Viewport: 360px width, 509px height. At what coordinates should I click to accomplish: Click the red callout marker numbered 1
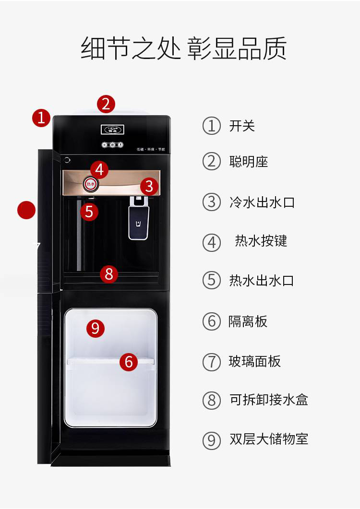point(41,118)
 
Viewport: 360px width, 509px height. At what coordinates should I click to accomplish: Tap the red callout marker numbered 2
point(106,104)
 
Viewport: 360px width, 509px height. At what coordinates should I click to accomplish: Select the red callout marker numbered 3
point(149,186)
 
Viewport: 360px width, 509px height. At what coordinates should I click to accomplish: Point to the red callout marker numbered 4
point(99,169)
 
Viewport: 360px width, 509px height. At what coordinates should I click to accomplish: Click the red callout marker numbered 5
point(89,211)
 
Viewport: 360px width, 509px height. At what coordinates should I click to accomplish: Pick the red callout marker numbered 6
point(128,362)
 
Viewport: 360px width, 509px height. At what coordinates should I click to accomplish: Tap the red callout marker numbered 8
point(109,274)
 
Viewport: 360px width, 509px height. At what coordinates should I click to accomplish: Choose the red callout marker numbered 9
point(95,328)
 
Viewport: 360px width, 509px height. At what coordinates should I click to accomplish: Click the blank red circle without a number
point(26,210)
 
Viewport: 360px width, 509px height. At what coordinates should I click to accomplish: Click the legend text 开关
point(242,126)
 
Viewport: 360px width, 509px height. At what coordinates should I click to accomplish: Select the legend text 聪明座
point(248,162)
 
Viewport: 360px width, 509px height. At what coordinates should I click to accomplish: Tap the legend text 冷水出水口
point(262,202)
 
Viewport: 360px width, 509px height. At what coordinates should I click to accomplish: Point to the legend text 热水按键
point(261,241)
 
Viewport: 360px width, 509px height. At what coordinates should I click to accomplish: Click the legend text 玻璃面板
point(254,361)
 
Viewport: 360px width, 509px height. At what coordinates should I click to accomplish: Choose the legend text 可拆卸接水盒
point(268,400)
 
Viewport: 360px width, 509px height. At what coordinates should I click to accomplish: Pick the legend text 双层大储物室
point(268,439)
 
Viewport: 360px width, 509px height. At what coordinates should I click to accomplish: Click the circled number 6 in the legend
point(211,321)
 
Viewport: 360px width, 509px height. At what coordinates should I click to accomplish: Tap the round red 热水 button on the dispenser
point(90,183)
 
